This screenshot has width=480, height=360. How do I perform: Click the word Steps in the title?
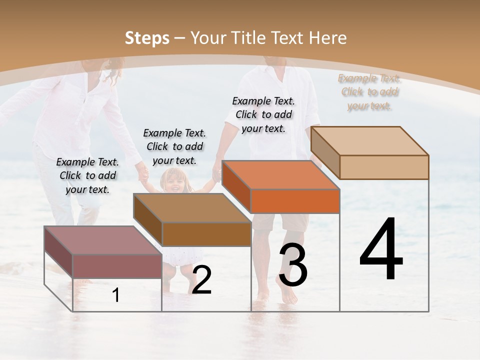coord(147,38)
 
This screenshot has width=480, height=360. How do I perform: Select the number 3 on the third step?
coord(292,265)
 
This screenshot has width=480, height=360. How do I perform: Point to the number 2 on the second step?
coord(201,280)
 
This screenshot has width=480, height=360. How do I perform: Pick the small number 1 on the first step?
coord(116,295)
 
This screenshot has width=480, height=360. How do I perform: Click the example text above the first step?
coord(87,175)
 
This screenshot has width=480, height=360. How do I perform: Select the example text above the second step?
coord(174,146)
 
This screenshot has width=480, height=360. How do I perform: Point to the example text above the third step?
coord(263,114)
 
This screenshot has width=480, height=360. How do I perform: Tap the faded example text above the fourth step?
coord(369,91)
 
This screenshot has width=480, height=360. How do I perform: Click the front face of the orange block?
coord(295,201)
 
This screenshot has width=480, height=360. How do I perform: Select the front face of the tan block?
coord(384,167)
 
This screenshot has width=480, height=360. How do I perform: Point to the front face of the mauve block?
coord(117,266)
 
